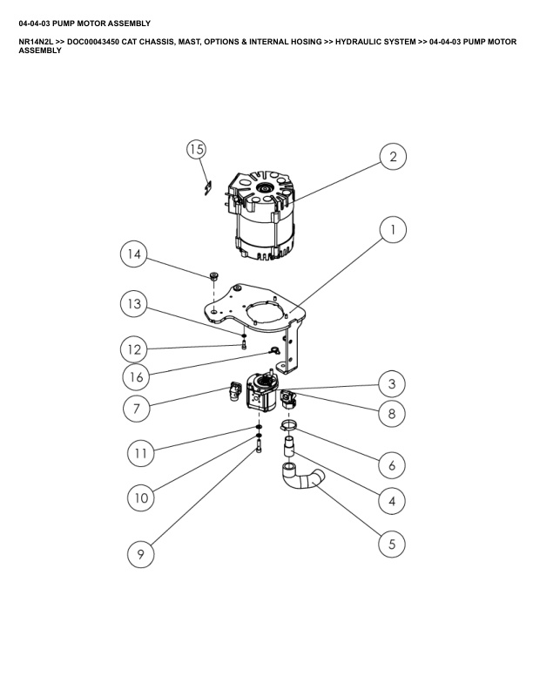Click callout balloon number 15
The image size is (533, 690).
(197, 150)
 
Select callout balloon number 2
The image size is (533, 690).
(393, 157)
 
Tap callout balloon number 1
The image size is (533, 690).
(393, 230)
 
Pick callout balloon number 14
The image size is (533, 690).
(133, 254)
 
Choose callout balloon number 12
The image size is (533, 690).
(133, 349)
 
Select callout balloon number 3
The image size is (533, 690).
(392, 383)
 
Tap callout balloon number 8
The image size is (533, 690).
(392, 414)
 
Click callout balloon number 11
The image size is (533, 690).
(141, 453)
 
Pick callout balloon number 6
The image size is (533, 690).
(392, 465)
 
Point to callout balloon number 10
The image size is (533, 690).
(140, 498)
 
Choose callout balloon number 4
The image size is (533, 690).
(392, 503)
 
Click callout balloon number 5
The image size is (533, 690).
(392, 544)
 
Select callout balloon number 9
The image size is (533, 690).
(140, 553)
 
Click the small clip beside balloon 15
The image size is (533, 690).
(207, 186)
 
